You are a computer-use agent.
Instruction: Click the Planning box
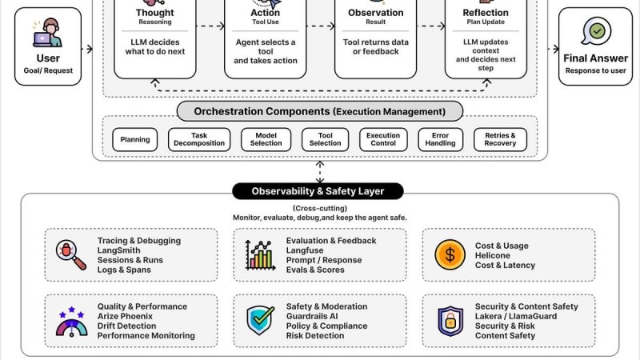pyautogui.click(x=134, y=139)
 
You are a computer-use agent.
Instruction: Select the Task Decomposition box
pyautogui.click(x=199, y=139)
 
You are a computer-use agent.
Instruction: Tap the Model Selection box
pyautogui.click(x=266, y=139)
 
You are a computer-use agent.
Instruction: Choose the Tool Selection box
pyautogui.click(x=326, y=139)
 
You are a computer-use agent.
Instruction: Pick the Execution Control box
pyautogui.click(x=383, y=139)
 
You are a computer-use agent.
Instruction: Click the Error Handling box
pyautogui.click(x=441, y=139)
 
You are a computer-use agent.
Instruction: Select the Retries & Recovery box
pyautogui.click(x=500, y=139)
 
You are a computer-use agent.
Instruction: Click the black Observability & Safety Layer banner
pyautogui.click(x=318, y=191)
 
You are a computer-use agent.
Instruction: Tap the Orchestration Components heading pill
pyautogui.click(x=320, y=111)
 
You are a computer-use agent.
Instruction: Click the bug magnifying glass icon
pyautogui.click(x=70, y=254)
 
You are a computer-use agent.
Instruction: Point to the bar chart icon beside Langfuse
pyautogui.click(x=260, y=255)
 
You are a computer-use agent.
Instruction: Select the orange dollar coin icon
pyautogui.click(x=450, y=255)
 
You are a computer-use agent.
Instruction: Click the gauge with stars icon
pyautogui.click(x=71, y=322)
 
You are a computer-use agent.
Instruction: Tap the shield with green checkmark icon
pyautogui.click(x=260, y=321)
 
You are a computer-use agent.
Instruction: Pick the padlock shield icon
pyautogui.click(x=450, y=322)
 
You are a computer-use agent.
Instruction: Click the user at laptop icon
pyautogui.click(x=48, y=33)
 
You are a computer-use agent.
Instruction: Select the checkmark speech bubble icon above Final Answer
pyautogui.click(x=596, y=31)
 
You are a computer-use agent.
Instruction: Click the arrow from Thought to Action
pyautogui.click(x=210, y=26)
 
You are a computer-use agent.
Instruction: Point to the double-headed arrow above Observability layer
pyautogui.click(x=320, y=172)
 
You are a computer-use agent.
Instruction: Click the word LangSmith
pyautogui.click(x=118, y=250)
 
